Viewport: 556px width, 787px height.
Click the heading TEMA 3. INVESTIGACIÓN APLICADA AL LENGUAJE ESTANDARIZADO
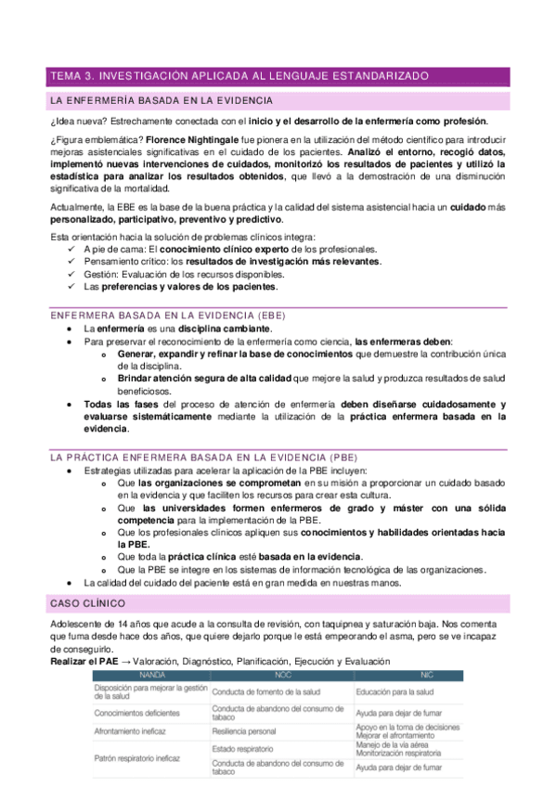pos(238,76)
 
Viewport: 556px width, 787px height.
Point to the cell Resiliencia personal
pos(244,731)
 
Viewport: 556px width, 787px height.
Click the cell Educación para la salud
pos(394,691)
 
